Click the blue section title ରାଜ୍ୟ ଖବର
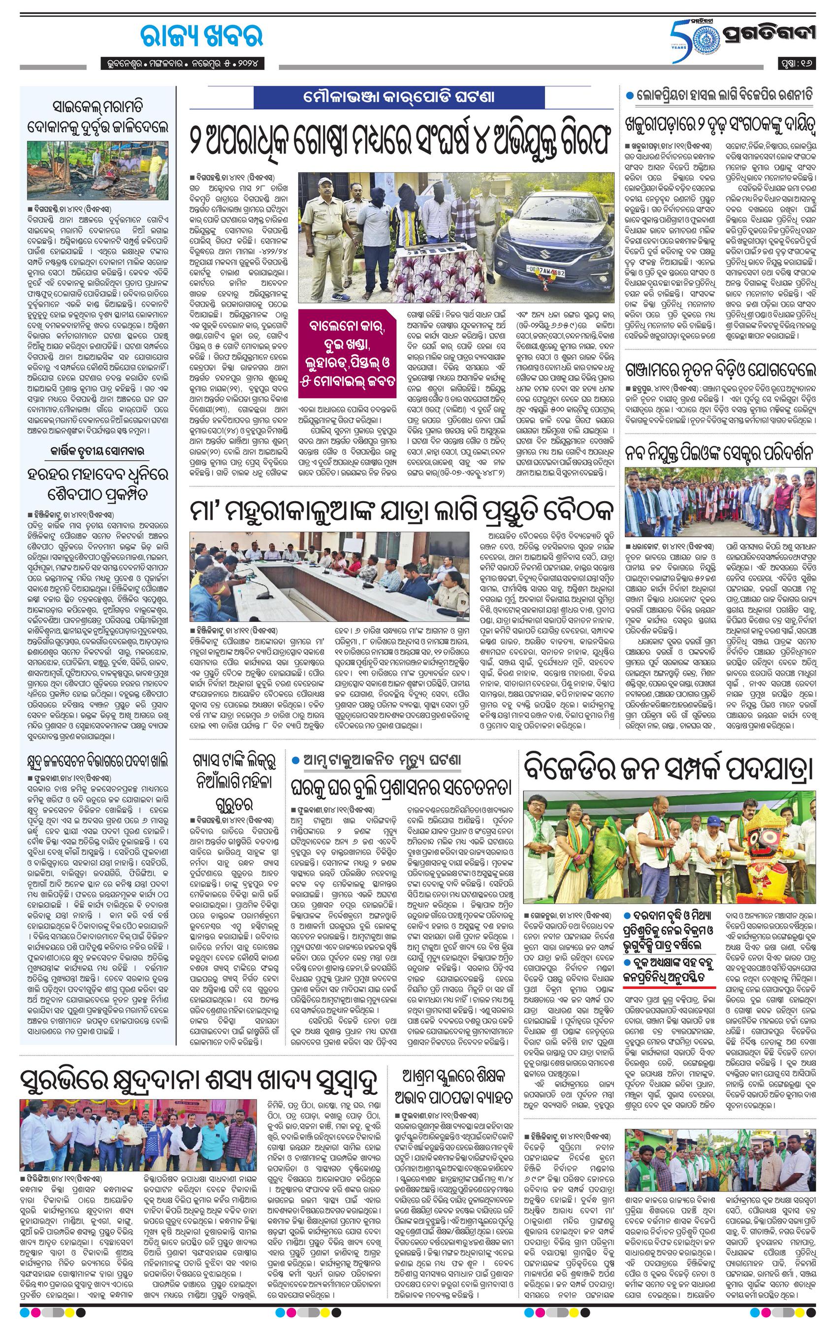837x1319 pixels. click(194, 36)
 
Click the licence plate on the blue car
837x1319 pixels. click(540, 271)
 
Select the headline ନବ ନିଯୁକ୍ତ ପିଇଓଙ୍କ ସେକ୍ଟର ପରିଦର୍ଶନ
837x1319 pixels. click(720, 453)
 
